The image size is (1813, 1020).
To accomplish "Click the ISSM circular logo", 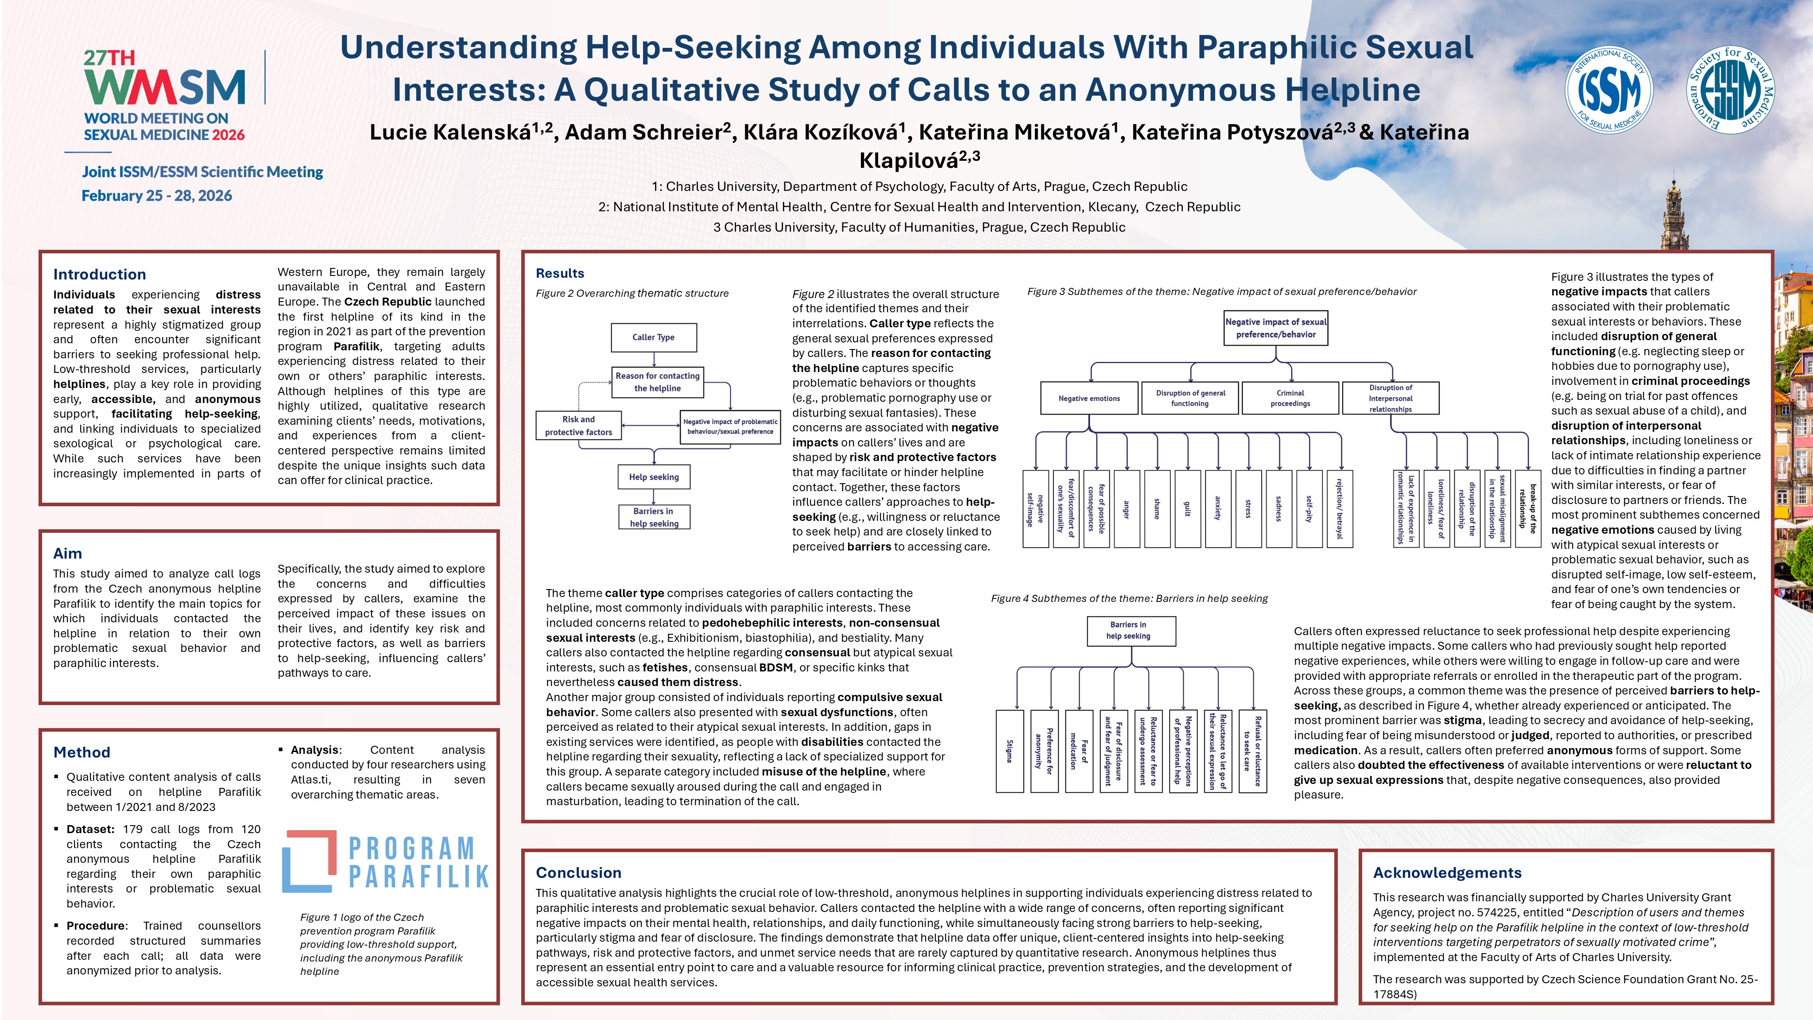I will coord(1609,89).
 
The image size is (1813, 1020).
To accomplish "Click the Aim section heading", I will coord(68,553).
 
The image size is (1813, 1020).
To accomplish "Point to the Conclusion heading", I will coord(578,873).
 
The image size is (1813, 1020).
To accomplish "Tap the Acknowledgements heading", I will coord(1447,873).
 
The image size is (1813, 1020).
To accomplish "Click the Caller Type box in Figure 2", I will coord(653,337).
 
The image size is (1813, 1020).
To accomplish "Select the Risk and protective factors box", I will coord(578,425).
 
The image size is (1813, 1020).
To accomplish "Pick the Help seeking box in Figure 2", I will coord(654,477).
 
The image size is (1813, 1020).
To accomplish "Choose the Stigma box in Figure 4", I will coord(1010,751).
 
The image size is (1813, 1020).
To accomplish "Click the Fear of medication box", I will coord(1079,751).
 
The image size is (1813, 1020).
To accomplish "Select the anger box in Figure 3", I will coord(1127,509).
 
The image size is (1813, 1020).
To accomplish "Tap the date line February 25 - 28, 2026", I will coord(157,196).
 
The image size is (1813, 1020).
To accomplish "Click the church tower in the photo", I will coord(1674,215).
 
